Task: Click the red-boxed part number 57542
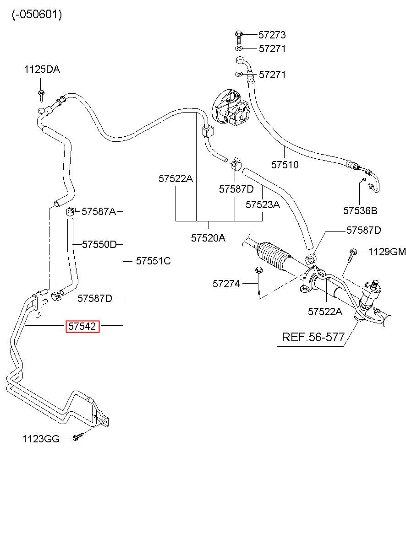tap(82, 326)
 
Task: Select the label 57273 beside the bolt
tap(272, 35)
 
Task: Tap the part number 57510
tap(285, 165)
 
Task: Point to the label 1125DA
tap(42, 69)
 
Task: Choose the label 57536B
tap(360, 210)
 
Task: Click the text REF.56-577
tap(313, 337)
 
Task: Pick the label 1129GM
tap(387, 252)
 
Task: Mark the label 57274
tap(226, 284)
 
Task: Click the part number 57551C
tap(154, 261)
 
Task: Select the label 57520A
tap(208, 238)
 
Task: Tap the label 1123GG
tap(41, 439)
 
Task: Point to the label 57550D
tap(99, 244)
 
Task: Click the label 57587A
tap(99, 211)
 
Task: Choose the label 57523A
tap(263, 204)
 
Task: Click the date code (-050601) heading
tap(37, 15)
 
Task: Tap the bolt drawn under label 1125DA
tap(41, 96)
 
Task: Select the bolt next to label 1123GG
tap(77, 437)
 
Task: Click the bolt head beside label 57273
tap(238, 34)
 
